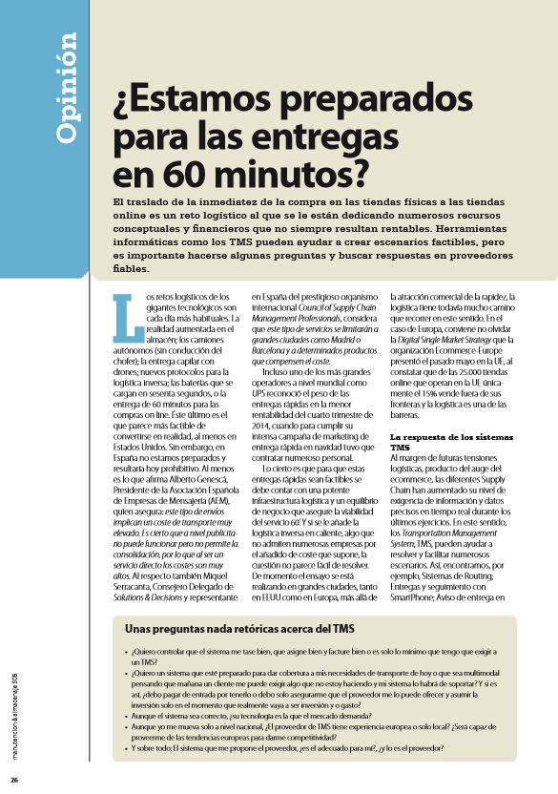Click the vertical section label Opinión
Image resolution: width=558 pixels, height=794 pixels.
coord(67,88)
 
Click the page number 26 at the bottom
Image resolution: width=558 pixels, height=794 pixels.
coord(14,780)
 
